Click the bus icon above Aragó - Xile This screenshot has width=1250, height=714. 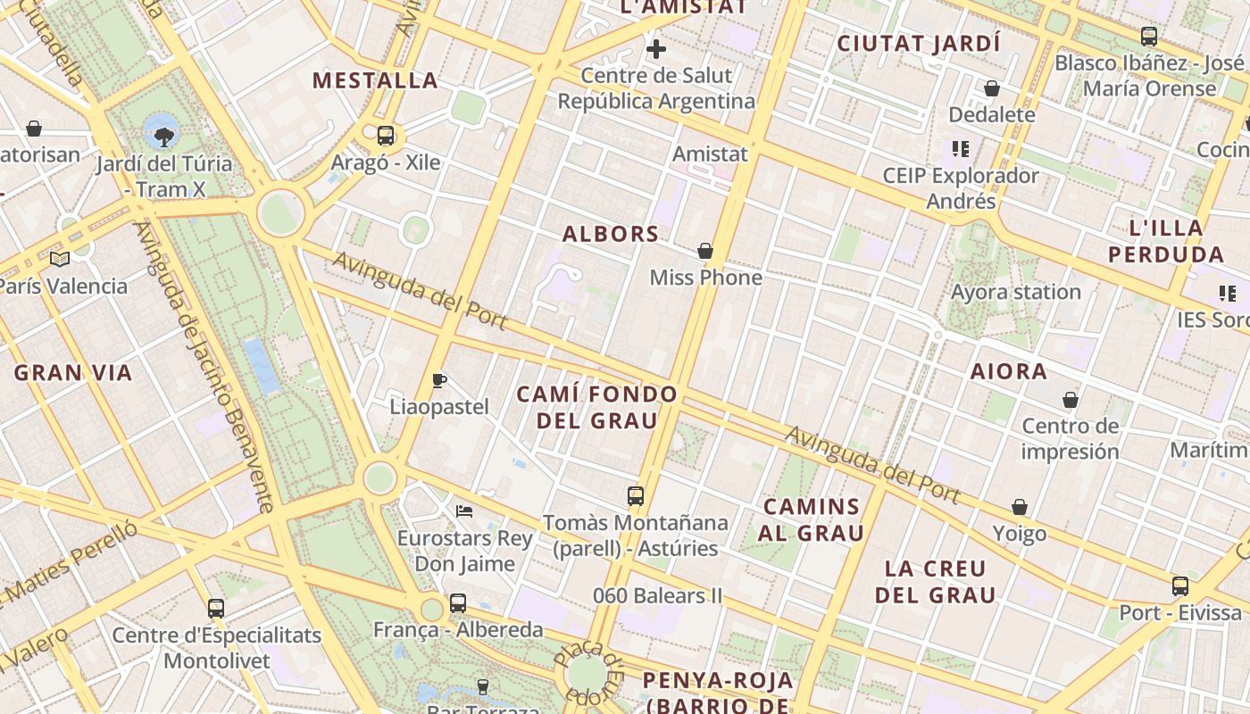[386, 136]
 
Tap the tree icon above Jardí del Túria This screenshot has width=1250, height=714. [163, 136]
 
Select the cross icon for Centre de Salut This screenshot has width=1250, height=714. [656, 48]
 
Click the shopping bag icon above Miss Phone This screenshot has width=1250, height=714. [705, 251]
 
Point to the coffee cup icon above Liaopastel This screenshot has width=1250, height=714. [439, 380]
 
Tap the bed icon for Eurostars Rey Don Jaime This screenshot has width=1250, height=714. [464, 511]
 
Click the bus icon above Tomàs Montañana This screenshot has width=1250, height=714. [636, 495]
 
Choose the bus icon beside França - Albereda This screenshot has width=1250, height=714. [458, 603]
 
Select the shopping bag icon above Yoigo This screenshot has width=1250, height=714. [1020, 507]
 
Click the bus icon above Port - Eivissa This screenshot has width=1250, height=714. [1180, 586]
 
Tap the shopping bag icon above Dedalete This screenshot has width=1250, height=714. [991, 87]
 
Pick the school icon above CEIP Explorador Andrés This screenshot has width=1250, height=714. [961, 148]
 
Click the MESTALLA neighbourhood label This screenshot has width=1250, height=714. [375, 80]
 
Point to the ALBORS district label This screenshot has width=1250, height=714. [611, 234]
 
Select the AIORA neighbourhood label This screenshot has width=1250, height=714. [1009, 371]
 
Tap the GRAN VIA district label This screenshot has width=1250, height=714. [73, 372]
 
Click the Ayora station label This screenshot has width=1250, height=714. [1016, 292]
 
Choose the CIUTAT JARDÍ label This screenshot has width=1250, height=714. [919, 43]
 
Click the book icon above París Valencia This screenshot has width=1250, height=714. [60, 259]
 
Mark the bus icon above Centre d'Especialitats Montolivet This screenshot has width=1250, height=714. [216, 609]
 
